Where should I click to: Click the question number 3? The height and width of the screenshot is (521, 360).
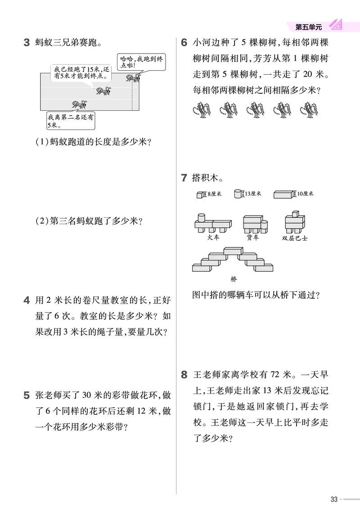[26, 43]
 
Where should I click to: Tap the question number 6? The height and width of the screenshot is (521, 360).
[184, 43]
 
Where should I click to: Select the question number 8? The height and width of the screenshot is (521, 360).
[184, 374]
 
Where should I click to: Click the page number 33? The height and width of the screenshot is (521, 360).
[333, 499]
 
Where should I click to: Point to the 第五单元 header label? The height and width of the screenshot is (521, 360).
[309, 27]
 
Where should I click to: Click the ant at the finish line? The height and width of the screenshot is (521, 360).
[134, 78]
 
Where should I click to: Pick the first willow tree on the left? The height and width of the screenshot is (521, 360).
[201, 110]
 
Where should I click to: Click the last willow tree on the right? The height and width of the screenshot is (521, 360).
[309, 110]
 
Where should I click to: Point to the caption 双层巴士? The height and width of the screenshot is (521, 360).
[295, 238]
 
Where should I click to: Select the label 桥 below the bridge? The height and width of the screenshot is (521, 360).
[233, 279]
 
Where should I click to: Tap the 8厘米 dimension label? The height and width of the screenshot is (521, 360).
[213, 194]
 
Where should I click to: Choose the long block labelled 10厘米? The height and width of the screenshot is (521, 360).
[283, 194]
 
